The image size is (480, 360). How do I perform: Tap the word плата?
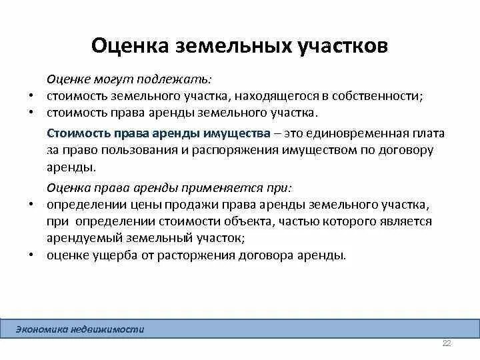(x=428, y=133)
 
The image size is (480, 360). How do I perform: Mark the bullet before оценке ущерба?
(x=32, y=255)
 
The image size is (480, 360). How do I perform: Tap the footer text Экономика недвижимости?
(x=79, y=329)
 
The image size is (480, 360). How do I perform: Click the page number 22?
(x=447, y=343)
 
